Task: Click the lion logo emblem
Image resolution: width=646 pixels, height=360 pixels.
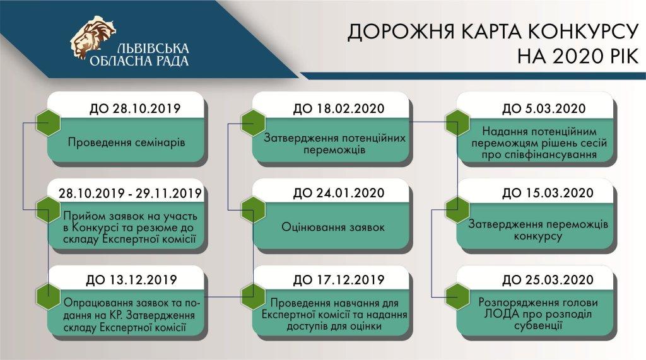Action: [93, 37]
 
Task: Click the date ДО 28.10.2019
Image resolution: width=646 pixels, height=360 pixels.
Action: [135, 108]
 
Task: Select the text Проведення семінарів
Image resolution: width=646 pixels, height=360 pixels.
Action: [126, 143]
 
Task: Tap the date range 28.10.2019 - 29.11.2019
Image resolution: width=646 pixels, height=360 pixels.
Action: [130, 194]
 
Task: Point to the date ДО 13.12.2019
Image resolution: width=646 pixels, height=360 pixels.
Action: [131, 280]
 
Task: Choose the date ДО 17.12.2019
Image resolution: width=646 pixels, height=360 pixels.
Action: [339, 280]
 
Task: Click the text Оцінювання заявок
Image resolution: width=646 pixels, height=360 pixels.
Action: [333, 228]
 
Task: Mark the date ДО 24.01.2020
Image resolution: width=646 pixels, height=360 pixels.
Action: [339, 193]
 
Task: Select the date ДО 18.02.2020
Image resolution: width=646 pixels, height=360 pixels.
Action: [339, 108]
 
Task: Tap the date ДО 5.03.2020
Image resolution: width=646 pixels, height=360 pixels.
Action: [544, 108]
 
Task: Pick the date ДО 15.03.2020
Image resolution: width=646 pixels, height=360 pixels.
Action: [548, 193]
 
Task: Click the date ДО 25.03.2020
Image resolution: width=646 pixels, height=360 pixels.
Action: [548, 280]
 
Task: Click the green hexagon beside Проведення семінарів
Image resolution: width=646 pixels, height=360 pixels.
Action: [48, 123]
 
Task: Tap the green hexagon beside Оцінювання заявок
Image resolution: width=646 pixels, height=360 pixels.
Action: [252, 210]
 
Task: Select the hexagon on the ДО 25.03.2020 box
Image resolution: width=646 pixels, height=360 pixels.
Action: [458, 296]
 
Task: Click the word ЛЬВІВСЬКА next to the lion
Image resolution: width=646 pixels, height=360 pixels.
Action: [153, 48]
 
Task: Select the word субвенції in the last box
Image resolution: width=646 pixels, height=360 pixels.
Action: [538, 326]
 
